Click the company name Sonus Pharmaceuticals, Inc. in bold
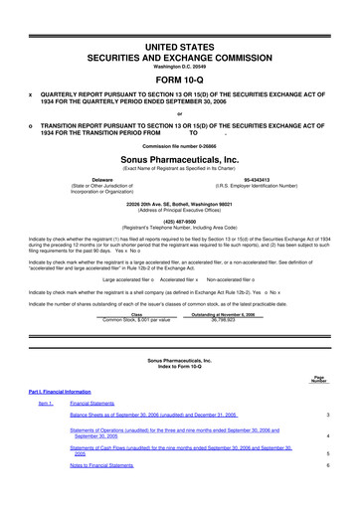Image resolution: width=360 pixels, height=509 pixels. pos(179,158)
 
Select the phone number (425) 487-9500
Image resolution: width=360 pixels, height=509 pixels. pos(179,223)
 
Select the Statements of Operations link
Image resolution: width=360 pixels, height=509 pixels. pos(180,432)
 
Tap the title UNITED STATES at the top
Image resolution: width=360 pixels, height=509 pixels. pos(179,19)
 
